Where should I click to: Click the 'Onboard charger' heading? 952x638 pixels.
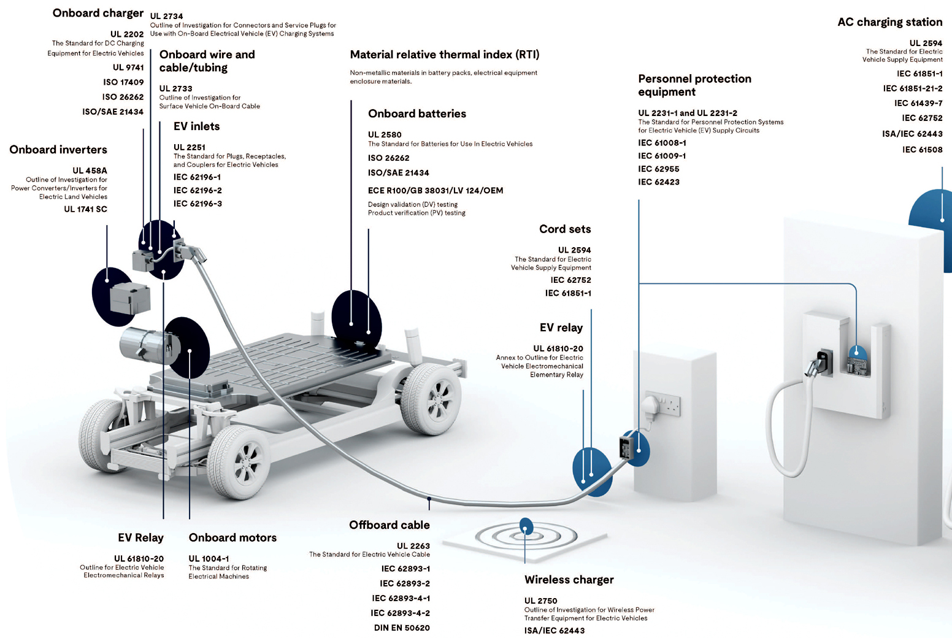[98, 13]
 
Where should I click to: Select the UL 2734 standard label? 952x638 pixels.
[166, 16]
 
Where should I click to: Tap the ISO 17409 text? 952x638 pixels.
[123, 82]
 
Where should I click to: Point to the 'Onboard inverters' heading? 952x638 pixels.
[58, 150]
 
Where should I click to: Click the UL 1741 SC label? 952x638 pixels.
[85, 209]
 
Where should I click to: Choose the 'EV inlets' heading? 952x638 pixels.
[196, 126]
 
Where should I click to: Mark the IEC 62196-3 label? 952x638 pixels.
[198, 204]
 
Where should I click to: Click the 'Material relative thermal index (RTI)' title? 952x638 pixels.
[445, 55]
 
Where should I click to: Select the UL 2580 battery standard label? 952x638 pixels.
[385, 134]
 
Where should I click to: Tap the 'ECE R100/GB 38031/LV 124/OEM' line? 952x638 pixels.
[436, 190]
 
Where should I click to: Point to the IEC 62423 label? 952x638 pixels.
[659, 182]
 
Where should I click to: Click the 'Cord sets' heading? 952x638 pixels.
[565, 229]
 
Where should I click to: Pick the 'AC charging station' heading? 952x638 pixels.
[889, 22]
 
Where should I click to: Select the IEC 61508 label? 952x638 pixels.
[922, 150]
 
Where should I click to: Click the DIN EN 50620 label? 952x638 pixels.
[402, 628]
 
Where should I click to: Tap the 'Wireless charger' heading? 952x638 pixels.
[569, 580]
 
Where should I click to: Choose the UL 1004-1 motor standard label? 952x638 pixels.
[209, 558]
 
